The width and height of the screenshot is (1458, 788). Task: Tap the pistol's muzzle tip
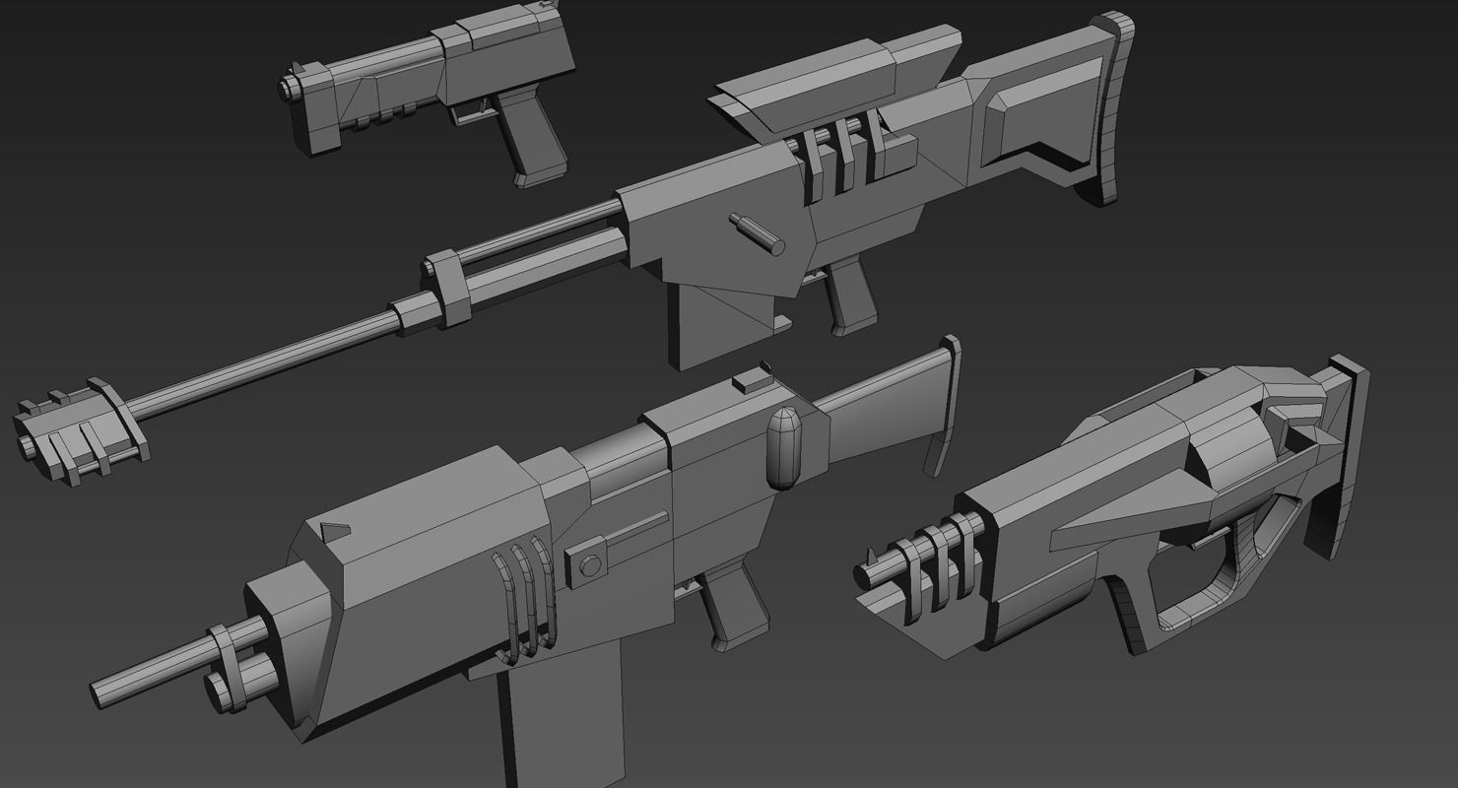(288, 86)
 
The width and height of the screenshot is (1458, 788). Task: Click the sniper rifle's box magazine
(729, 320)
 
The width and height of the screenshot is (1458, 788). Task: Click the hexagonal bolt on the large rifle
(590, 564)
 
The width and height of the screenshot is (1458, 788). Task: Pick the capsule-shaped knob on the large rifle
(783, 448)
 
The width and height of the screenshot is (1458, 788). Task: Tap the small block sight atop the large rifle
(756, 379)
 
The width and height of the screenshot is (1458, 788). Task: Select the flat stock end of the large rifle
(944, 404)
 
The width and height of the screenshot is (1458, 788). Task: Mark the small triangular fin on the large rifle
(335, 531)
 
